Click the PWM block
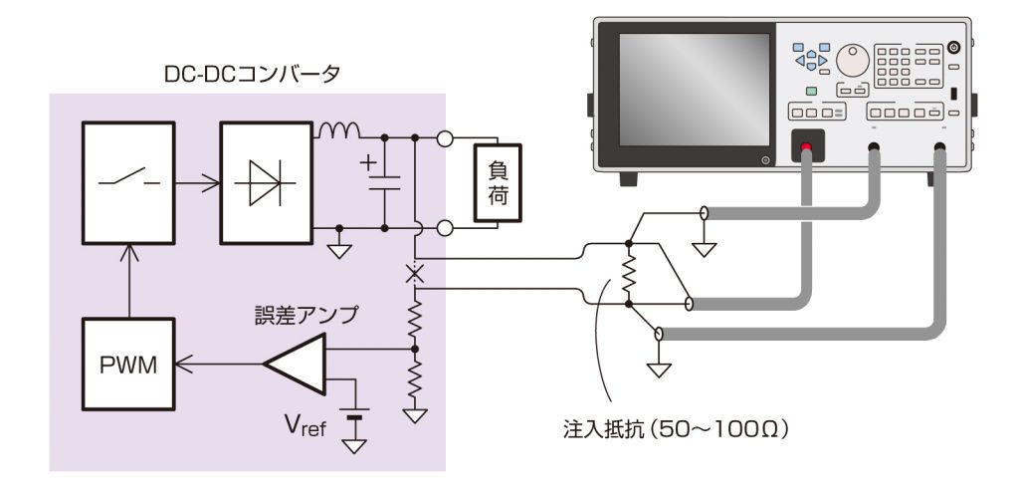pyautogui.click(x=127, y=364)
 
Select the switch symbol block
pyautogui.click(x=127, y=182)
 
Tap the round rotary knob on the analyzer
pyautogui.click(x=851, y=61)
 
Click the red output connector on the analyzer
pyautogui.click(x=806, y=149)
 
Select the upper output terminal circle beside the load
pyautogui.click(x=445, y=138)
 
